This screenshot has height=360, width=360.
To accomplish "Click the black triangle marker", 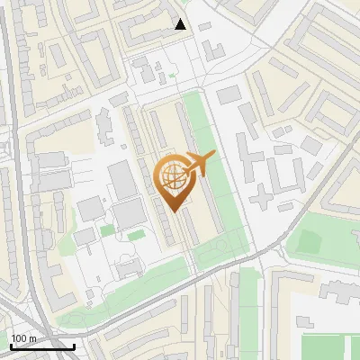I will [x=181, y=24].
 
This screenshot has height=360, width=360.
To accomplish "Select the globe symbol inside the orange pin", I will [x=171, y=176].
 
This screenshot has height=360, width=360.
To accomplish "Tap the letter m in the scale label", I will [x=32, y=338].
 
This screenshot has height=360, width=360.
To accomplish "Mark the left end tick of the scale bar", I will [x=11, y=346].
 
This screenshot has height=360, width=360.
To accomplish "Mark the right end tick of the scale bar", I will [x=75, y=346].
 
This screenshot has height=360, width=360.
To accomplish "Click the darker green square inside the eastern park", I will [x=310, y=241].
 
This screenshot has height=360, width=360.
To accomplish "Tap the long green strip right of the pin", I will [x=216, y=180].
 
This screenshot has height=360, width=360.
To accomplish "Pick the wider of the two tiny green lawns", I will [x=136, y=236].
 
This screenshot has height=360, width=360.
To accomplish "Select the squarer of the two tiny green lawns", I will [x=107, y=231].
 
